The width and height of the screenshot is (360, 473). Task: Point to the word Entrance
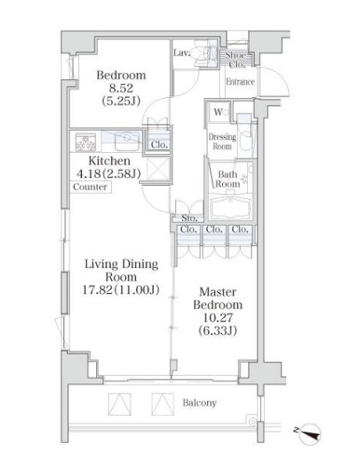(x=240, y=82)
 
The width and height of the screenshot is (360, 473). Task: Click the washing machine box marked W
(x=218, y=112)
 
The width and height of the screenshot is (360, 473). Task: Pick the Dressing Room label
(x=222, y=142)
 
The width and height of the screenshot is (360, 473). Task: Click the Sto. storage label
(x=189, y=218)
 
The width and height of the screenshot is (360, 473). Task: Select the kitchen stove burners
(x=85, y=142)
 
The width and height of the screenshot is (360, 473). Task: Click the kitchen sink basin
(x=127, y=142)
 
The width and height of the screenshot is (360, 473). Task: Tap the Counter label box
(x=90, y=187)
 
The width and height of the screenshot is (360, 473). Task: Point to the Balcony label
(x=200, y=403)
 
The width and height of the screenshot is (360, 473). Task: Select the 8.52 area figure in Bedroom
(x=120, y=88)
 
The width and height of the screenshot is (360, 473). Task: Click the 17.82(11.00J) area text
(x=121, y=290)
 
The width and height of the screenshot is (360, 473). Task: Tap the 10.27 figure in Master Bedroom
(x=217, y=317)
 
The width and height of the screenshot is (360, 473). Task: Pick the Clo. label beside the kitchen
(x=159, y=145)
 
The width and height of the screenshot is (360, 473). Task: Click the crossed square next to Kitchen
(x=158, y=168)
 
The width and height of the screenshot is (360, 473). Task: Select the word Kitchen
(x=109, y=160)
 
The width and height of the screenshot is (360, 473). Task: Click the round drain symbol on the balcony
(x=253, y=422)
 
